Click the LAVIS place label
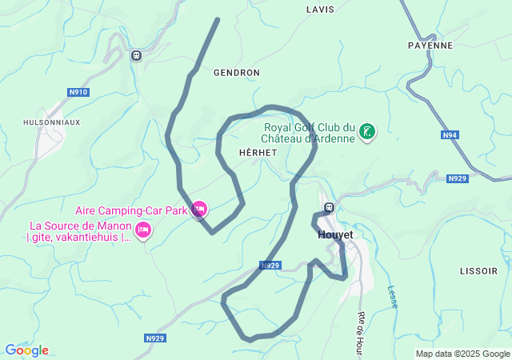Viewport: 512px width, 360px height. pyautogui.click(x=320, y=10)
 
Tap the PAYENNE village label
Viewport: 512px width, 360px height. pyautogui.click(x=430, y=46)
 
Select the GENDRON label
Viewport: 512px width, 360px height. pyautogui.click(x=237, y=72)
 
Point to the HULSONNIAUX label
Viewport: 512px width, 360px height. pyautogui.click(x=52, y=122)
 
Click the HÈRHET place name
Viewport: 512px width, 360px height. pyautogui.click(x=258, y=152)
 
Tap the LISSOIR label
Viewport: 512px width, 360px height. pyautogui.click(x=478, y=271)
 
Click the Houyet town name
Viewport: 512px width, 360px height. pyautogui.click(x=335, y=234)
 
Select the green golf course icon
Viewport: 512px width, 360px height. pyautogui.click(x=367, y=132)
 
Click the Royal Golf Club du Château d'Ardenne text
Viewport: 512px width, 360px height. pyautogui.click(x=310, y=132)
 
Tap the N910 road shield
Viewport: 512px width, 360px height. pyautogui.click(x=78, y=92)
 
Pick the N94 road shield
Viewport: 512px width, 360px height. pyautogui.click(x=450, y=135)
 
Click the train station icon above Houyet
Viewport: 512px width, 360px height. pyautogui.click(x=328, y=209)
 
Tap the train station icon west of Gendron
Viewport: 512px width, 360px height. pyautogui.click(x=136, y=55)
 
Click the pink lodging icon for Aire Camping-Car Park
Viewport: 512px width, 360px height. pyautogui.click(x=199, y=210)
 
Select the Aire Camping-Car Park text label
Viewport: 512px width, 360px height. pyautogui.click(x=132, y=211)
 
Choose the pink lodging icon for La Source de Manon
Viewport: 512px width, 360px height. pyautogui.click(x=143, y=231)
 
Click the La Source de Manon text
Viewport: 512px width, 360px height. pyautogui.click(x=79, y=231)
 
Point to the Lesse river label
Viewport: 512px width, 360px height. pyautogui.click(x=392, y=298)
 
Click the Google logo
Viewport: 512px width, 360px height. pyautogui.click(x=26, y=350)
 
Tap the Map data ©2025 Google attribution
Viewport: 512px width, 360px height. pyautogui.click(x=462, y=354)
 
